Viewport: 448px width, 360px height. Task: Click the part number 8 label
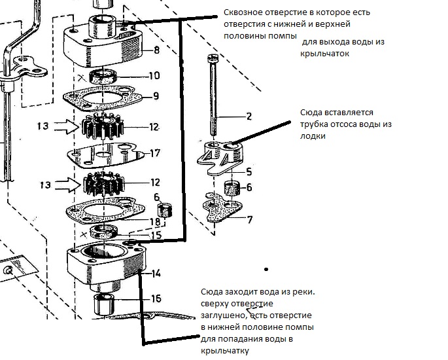tap(156, 50)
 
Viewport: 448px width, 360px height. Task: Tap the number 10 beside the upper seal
tap(154, 76)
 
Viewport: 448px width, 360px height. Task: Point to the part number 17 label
tap(154, 154)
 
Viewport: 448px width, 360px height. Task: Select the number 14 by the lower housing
tap(156, 274)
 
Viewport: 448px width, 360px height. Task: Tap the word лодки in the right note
tap(312, 136)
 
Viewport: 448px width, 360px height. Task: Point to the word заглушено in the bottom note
tap(220, 314)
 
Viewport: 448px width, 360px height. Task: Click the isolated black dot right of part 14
tap(266, 269)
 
